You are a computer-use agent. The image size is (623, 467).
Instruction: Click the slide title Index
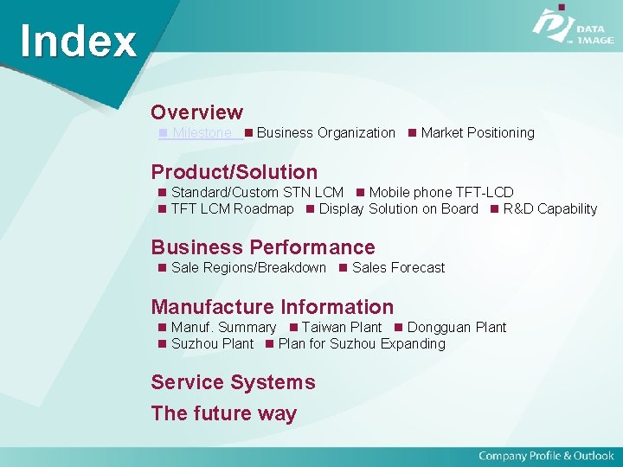pyautogui.click(x=78, y=41)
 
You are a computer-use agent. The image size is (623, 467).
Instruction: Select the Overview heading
pyautogui.click(x=196, y=112)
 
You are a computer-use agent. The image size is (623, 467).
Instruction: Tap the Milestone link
pyautogui.click(x=202, y=133)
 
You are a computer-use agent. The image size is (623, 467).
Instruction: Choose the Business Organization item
pyautogui.click(x=325, y=133)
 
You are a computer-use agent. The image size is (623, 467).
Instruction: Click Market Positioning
pyautogui.click(x=477, y=133)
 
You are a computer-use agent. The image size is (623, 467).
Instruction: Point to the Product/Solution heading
pyautogui.click(x=234, y=172)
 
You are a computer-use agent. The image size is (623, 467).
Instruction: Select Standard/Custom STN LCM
pyautogui.click(x=257, y=193)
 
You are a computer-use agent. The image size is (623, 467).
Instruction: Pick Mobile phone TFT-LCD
pyautogui.click(x=440, y=193)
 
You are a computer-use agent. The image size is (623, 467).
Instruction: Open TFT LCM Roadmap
pyautogui.click(x=232, y=209)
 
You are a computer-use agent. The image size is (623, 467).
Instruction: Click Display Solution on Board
pyautogui.click(x=398, y=209)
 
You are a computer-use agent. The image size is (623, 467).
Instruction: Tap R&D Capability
pyautogui.click(x=549, y=209)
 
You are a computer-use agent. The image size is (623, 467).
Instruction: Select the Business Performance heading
pyautogui.click(x=263, y=247)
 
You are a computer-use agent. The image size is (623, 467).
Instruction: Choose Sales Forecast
pyautogui.click(x=398, y=268)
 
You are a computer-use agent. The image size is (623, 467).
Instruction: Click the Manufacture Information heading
pyautogui.click(x=272, y=307)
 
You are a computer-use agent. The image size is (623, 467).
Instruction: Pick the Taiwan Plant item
pyautogui.click(x=341, y=328)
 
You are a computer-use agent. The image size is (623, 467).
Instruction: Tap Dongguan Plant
pyautogui.click(x=456, y=328)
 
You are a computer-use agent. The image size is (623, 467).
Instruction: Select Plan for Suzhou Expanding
pyautogui.click(x=361, y=344)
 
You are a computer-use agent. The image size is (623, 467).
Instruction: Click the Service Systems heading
pyautogui.click(x=233, y=382)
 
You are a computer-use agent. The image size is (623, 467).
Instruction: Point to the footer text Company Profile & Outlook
pyautogui.click(x=546, y=456)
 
